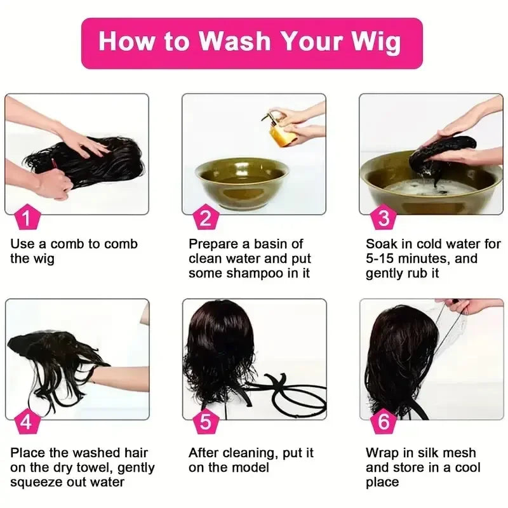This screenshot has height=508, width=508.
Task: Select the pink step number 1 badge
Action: point(26,218)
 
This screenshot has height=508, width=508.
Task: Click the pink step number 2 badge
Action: point(204,218)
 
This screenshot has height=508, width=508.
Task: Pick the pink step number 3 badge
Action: point(383,218)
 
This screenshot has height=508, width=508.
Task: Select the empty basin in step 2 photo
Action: point(241,181)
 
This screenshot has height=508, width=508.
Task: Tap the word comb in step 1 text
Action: point(69,244)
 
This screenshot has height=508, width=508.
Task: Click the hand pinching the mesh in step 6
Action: point(467,307)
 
